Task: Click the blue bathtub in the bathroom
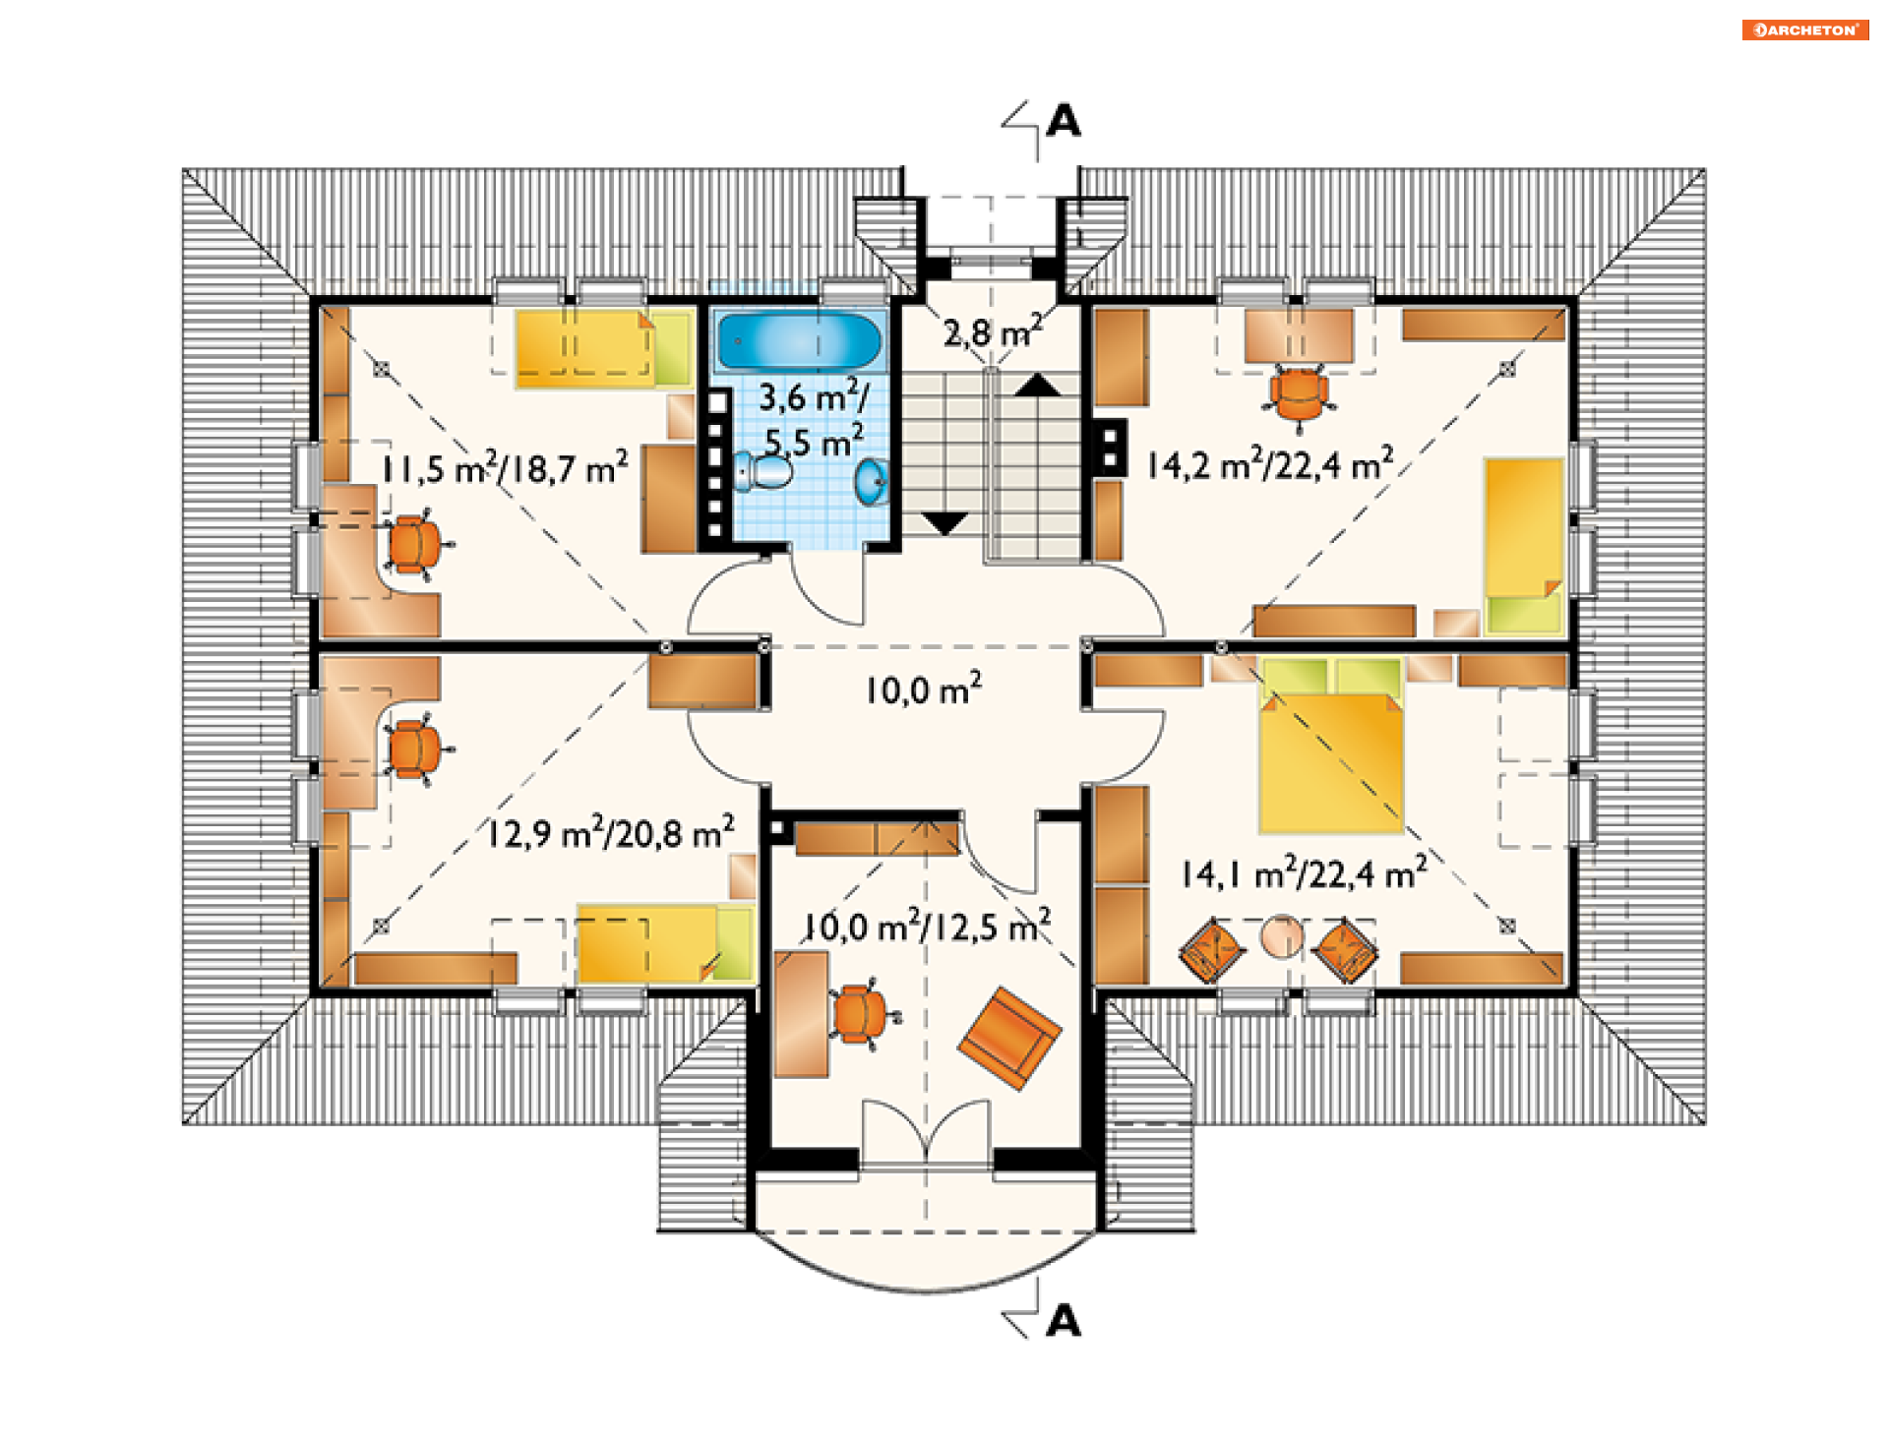(799, 341)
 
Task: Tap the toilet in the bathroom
(763, 471)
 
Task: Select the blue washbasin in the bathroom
(873, 481)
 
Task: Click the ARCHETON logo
(1805, 30)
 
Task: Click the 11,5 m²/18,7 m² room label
(505, 467)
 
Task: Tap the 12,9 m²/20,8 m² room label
(611, 832)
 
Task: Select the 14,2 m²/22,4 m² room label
(1270, 463)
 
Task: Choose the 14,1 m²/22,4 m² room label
(1305, 872)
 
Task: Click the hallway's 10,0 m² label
(924, 689)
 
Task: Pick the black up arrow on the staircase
(1038, 385)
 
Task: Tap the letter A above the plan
(1064, 121)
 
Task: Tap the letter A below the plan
(1064, 1321)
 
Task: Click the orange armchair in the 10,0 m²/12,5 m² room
(1010, 1039)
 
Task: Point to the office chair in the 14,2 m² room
(1299, 395)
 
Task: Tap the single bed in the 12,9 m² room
(664, 944)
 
